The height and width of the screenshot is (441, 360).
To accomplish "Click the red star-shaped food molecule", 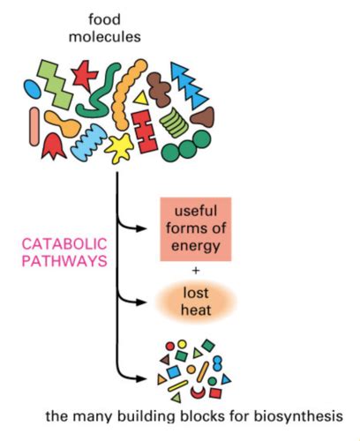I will pos(86,75).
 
